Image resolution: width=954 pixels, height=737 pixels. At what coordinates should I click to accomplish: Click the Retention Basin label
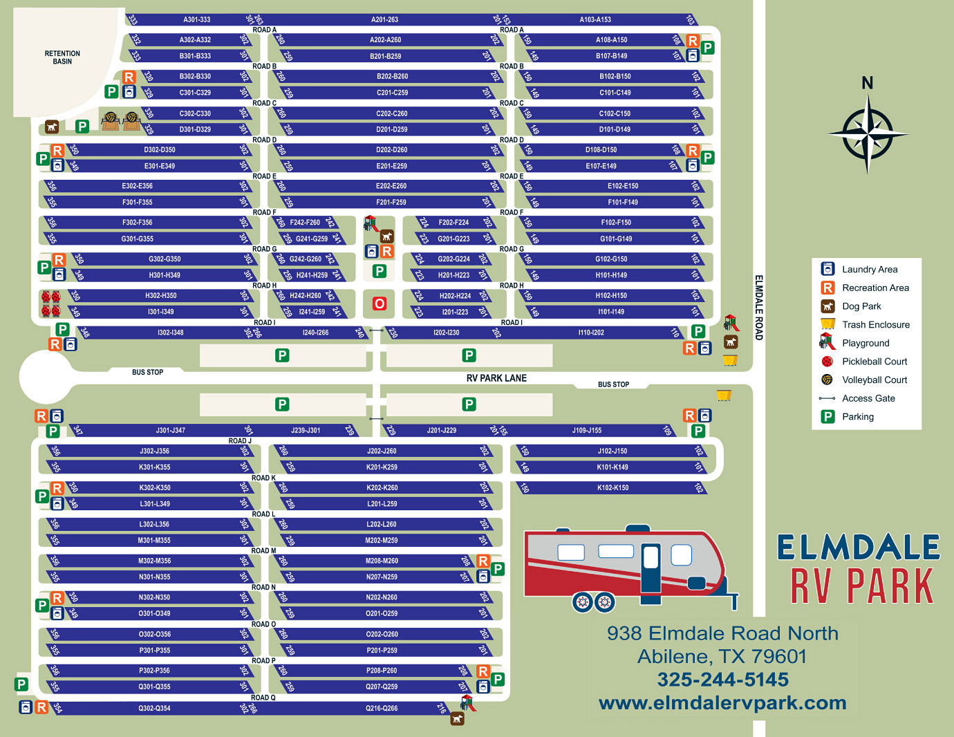coord(62,57)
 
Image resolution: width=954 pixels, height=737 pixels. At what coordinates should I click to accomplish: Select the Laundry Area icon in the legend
coord(827,269)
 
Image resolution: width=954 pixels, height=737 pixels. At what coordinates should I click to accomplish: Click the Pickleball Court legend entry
coord(874,362)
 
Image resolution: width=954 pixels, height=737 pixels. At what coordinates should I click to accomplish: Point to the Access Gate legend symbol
coord(827,398)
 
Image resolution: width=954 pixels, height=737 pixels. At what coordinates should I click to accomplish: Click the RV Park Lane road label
coord(496,378)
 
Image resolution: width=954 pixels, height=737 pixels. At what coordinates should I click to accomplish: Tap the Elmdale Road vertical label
coord(758,308)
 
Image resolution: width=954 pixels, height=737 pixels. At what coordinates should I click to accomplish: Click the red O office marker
coord(379,304)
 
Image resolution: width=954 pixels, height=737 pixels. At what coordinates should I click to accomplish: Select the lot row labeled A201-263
coord(384,19)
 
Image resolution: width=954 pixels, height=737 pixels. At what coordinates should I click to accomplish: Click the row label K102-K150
coord(612,487)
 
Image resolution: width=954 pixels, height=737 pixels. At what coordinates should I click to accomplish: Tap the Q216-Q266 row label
coord(382,708)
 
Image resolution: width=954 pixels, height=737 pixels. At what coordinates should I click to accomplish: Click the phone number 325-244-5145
coord(722,680)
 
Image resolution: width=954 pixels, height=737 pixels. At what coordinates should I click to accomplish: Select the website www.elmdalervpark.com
coord(722,703)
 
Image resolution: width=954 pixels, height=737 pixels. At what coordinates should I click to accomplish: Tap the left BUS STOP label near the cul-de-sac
coord(147,372)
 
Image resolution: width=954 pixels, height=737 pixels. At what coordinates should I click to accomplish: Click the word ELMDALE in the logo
coord(858,548)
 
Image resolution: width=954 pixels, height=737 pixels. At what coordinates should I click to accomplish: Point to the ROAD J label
coord(240,440)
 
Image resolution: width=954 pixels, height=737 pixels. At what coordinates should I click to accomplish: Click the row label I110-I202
coord(591,333)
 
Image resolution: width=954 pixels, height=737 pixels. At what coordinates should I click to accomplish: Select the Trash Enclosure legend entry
coord(875,325)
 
